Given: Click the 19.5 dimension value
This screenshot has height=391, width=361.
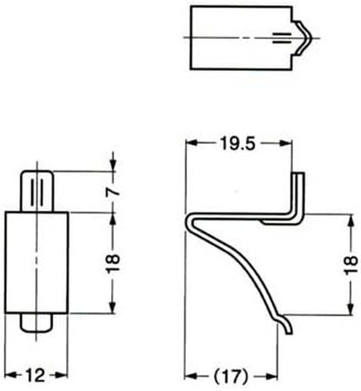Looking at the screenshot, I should click(238, 144).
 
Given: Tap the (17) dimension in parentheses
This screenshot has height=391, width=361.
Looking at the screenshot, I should click(231, 375).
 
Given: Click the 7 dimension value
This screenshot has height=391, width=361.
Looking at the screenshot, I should click(113, 191).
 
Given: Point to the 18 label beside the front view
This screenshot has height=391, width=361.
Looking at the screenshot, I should click(113, 262).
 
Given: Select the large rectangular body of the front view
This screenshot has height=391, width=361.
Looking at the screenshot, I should click(37, 262).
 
